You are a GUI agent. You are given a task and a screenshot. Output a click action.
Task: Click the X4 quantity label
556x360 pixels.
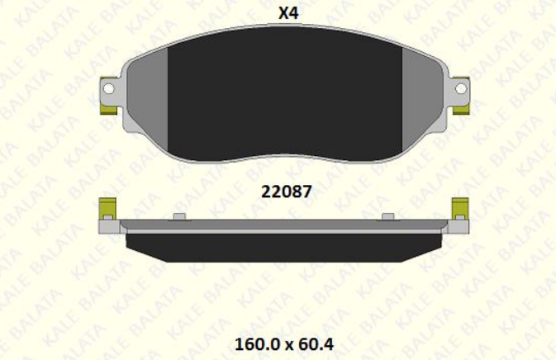[288, 13]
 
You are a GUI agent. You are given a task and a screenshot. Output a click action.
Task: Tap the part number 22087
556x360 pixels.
[287, 192]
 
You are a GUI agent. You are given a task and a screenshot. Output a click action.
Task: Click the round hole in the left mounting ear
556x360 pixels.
[108, 88]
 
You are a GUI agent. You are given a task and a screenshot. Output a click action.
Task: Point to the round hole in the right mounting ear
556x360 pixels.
[461, 88]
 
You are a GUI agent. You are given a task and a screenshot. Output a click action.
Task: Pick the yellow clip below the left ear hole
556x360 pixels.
[108, 109]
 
